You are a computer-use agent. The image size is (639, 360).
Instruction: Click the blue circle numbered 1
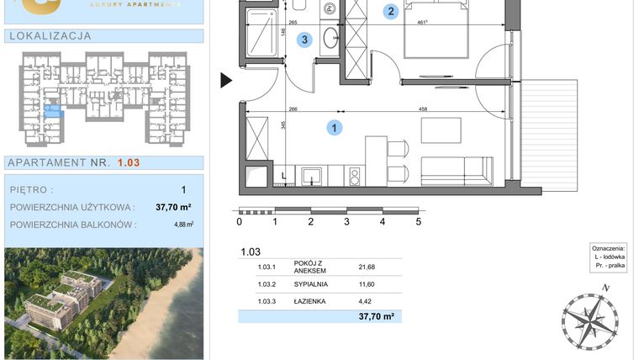tap(335, 128)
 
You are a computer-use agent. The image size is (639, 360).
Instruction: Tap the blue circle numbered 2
tap(390, 12)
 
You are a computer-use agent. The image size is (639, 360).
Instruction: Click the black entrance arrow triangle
tap(225, 81)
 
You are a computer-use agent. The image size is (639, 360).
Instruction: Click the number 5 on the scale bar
tap(418, 222)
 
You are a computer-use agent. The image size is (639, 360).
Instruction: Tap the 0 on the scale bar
tap(240, 222)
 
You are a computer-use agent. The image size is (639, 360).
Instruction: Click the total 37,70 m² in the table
tap(377, 317)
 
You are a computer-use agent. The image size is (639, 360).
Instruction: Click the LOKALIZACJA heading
tap(49, 36)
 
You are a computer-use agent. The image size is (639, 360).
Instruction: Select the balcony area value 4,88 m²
tap(183, 225)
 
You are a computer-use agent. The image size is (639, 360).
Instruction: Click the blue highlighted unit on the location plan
tap(52, 109)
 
